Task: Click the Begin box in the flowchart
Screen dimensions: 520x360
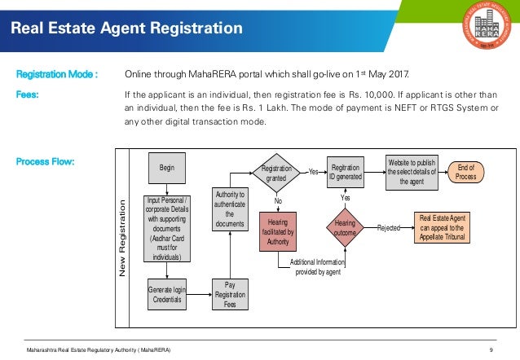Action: pyautogui.click(x=167, y=168)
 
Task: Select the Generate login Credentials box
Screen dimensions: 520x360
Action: pyautogui.click(x=167, y=293)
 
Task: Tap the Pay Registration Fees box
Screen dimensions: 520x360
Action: pyautogui.click(x=230, y=293)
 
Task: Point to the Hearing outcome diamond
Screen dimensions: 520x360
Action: pyautogui.click(x=346, y=227)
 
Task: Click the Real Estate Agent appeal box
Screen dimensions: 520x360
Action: pyautogui.click(x=442, y=228)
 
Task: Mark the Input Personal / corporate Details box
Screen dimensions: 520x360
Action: pyautogui.click(x=167, y=229)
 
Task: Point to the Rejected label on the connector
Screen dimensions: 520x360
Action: pyautogui.click(x=389, y=229)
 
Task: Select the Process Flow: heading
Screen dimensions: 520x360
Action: pyautogui.click(x=46, y=161)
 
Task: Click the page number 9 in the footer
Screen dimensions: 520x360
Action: pyautogui.click(x=491, y=349)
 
